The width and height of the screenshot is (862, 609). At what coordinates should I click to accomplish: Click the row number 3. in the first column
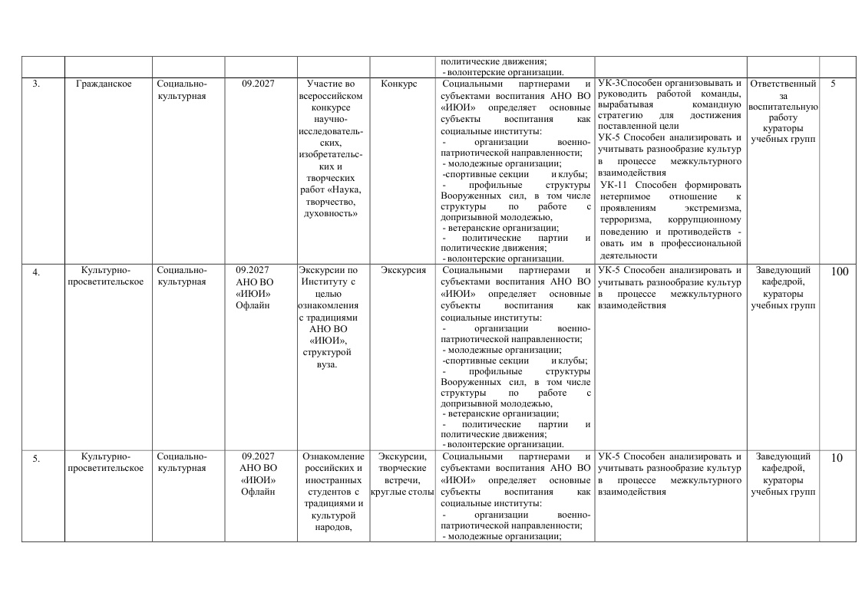click(x=36, y=84)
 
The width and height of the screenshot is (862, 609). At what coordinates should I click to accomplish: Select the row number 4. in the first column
click(x=36, y=271)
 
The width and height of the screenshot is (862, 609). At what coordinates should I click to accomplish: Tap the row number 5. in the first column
click(x=36, y=459)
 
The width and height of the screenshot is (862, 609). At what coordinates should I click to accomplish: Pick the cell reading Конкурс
click(x=399, y=84)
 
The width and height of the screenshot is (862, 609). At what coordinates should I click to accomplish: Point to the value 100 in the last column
click(x=839, y=271)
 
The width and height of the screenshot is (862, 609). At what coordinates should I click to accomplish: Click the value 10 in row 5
click(x=837, y=459)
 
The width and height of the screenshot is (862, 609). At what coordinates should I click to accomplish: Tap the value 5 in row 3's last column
click(x=833, y=84)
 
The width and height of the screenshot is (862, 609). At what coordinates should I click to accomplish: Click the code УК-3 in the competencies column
click(x=609, y=84)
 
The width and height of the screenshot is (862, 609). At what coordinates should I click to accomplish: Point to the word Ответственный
click(x=782, y=84)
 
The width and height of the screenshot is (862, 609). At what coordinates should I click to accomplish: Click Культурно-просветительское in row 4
click(x=106, y=275)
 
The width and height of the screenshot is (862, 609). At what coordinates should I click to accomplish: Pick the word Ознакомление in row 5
click(x=333, y=457)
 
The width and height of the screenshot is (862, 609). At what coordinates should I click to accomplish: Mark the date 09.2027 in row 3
click(x=258, y=84)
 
